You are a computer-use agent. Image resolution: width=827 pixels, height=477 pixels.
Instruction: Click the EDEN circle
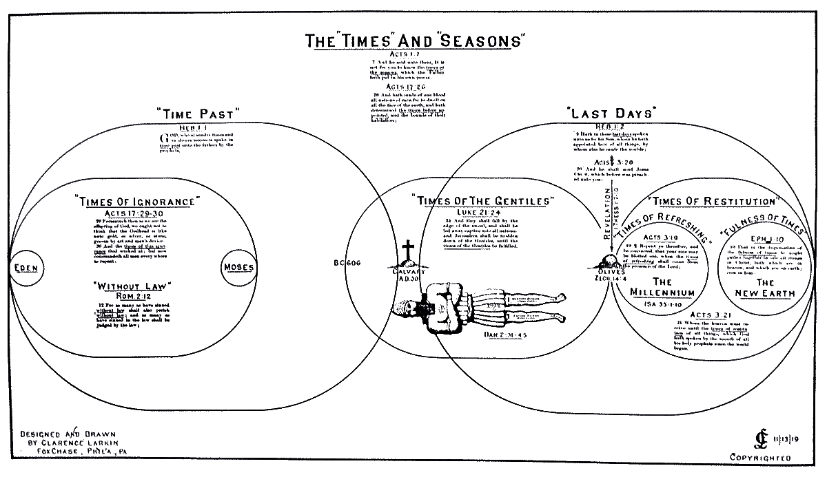point(26,266)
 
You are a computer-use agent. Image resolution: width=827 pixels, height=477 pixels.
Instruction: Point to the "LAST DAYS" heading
point(610,113)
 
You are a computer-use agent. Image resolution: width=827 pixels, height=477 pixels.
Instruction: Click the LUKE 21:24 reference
point(481,211)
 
